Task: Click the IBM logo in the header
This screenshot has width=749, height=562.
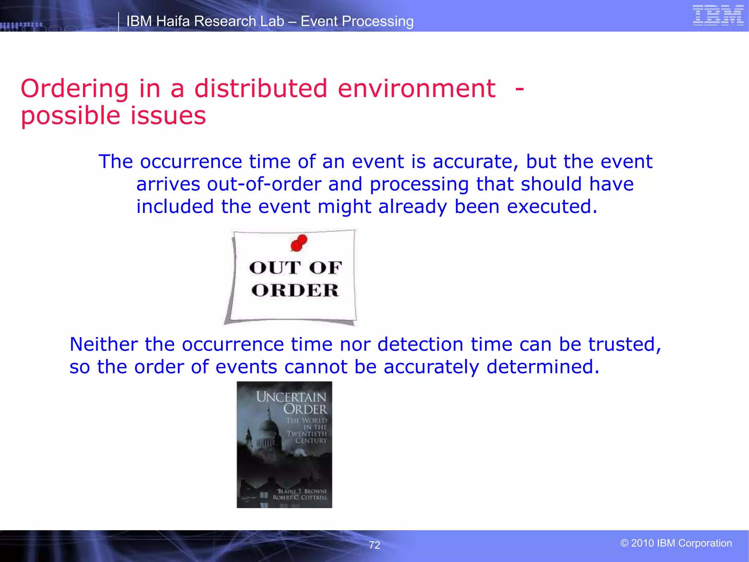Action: pos(718,15)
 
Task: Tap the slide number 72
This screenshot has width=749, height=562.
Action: pos(374,545)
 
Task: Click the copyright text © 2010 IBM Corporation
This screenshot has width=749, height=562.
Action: pos(676,543)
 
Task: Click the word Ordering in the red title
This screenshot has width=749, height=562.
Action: pos(75,89)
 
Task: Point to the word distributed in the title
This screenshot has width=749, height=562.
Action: pos(260,89)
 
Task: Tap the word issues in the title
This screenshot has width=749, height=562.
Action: pos(168,116)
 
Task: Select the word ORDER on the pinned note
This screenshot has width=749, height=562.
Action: pos(295,291)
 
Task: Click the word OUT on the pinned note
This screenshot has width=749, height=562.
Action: pos(275,268)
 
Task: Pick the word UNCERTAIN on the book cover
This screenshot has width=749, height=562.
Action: pos(291,397)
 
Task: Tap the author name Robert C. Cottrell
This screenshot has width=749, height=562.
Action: pos(300,498)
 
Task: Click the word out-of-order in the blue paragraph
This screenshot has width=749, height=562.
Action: pos(264,184)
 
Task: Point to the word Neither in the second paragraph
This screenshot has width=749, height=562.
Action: pos(104,345)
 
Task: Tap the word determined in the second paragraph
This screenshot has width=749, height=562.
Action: pos(543,367)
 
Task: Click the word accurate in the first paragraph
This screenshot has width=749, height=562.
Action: pos(475,162)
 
